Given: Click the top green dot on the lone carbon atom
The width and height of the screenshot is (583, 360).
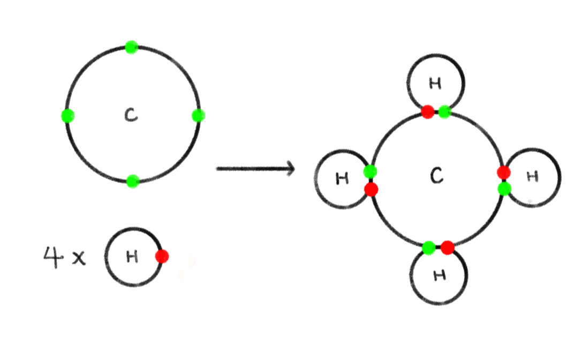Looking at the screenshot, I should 131,47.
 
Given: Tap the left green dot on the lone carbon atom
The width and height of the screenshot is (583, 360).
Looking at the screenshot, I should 67,115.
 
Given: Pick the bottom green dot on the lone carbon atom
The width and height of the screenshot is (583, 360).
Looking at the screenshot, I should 133,181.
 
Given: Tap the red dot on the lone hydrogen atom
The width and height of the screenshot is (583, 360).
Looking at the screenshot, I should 162,257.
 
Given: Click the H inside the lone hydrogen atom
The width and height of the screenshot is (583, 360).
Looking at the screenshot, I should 132,257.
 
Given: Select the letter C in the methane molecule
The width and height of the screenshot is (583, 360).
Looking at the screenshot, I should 437,176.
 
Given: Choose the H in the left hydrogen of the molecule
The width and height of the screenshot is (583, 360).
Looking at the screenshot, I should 342,178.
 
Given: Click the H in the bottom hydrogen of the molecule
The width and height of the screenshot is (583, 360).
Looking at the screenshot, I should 439,275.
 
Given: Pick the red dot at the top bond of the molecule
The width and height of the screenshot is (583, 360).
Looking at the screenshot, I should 427,112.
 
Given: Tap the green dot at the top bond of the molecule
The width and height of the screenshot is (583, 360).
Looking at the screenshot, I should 444,112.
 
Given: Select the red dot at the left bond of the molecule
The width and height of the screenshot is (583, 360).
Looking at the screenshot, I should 370,189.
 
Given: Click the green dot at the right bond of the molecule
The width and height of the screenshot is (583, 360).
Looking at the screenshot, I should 503,189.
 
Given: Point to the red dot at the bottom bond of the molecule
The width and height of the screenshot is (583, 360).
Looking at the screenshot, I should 448,247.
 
